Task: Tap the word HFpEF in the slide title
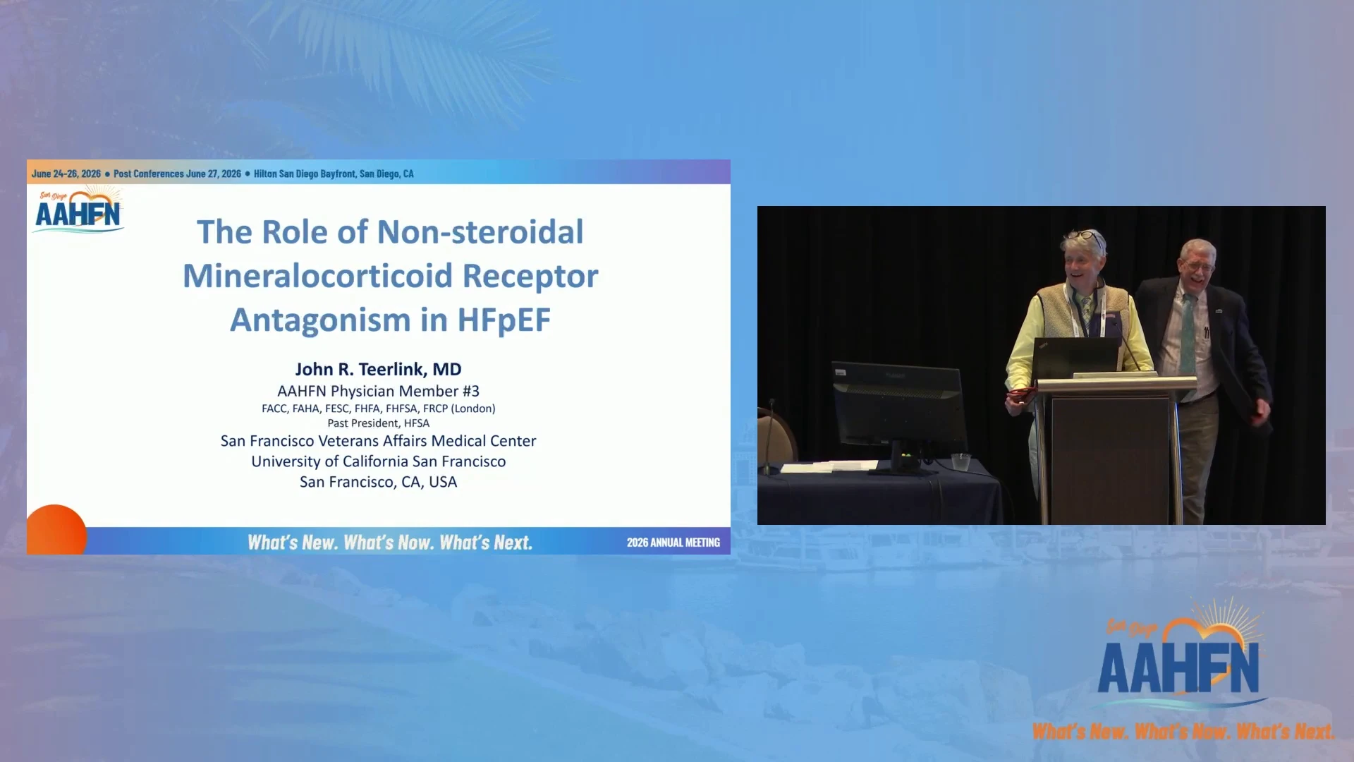[504, 320]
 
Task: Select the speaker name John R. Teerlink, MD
[378, 369]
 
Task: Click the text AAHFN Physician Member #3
[378, 391]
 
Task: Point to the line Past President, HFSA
[378, 423]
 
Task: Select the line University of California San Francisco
[378, 461]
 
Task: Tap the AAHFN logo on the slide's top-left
[78, 210]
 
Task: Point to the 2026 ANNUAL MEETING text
[673, 543]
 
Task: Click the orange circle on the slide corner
[56, 530]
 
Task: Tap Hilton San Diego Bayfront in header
[305, 174]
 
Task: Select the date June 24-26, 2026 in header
[66, 174]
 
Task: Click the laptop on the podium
[1076, 358]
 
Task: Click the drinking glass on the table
[960, 462]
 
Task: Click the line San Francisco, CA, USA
[378, 482]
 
